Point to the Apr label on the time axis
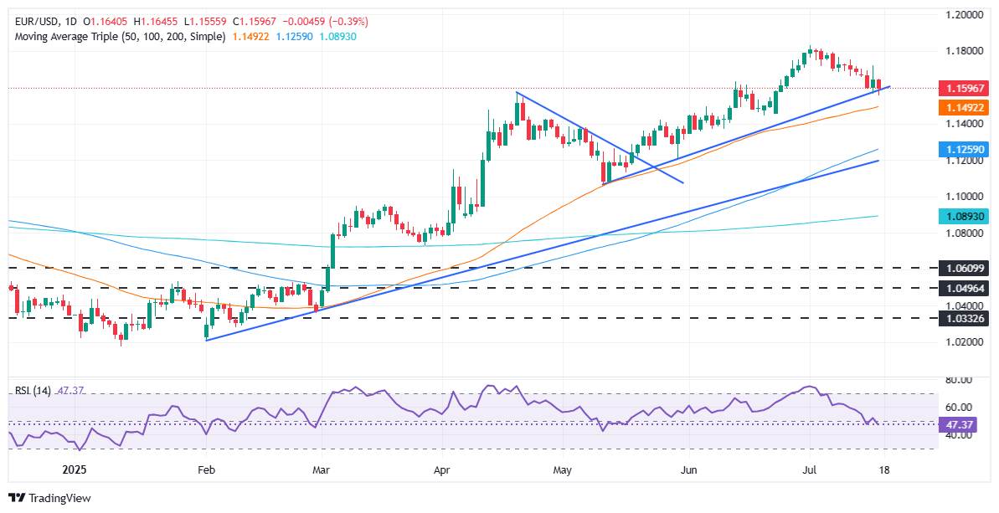(442, 470)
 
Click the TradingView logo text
(59, 498)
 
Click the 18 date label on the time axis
(884, 470)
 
